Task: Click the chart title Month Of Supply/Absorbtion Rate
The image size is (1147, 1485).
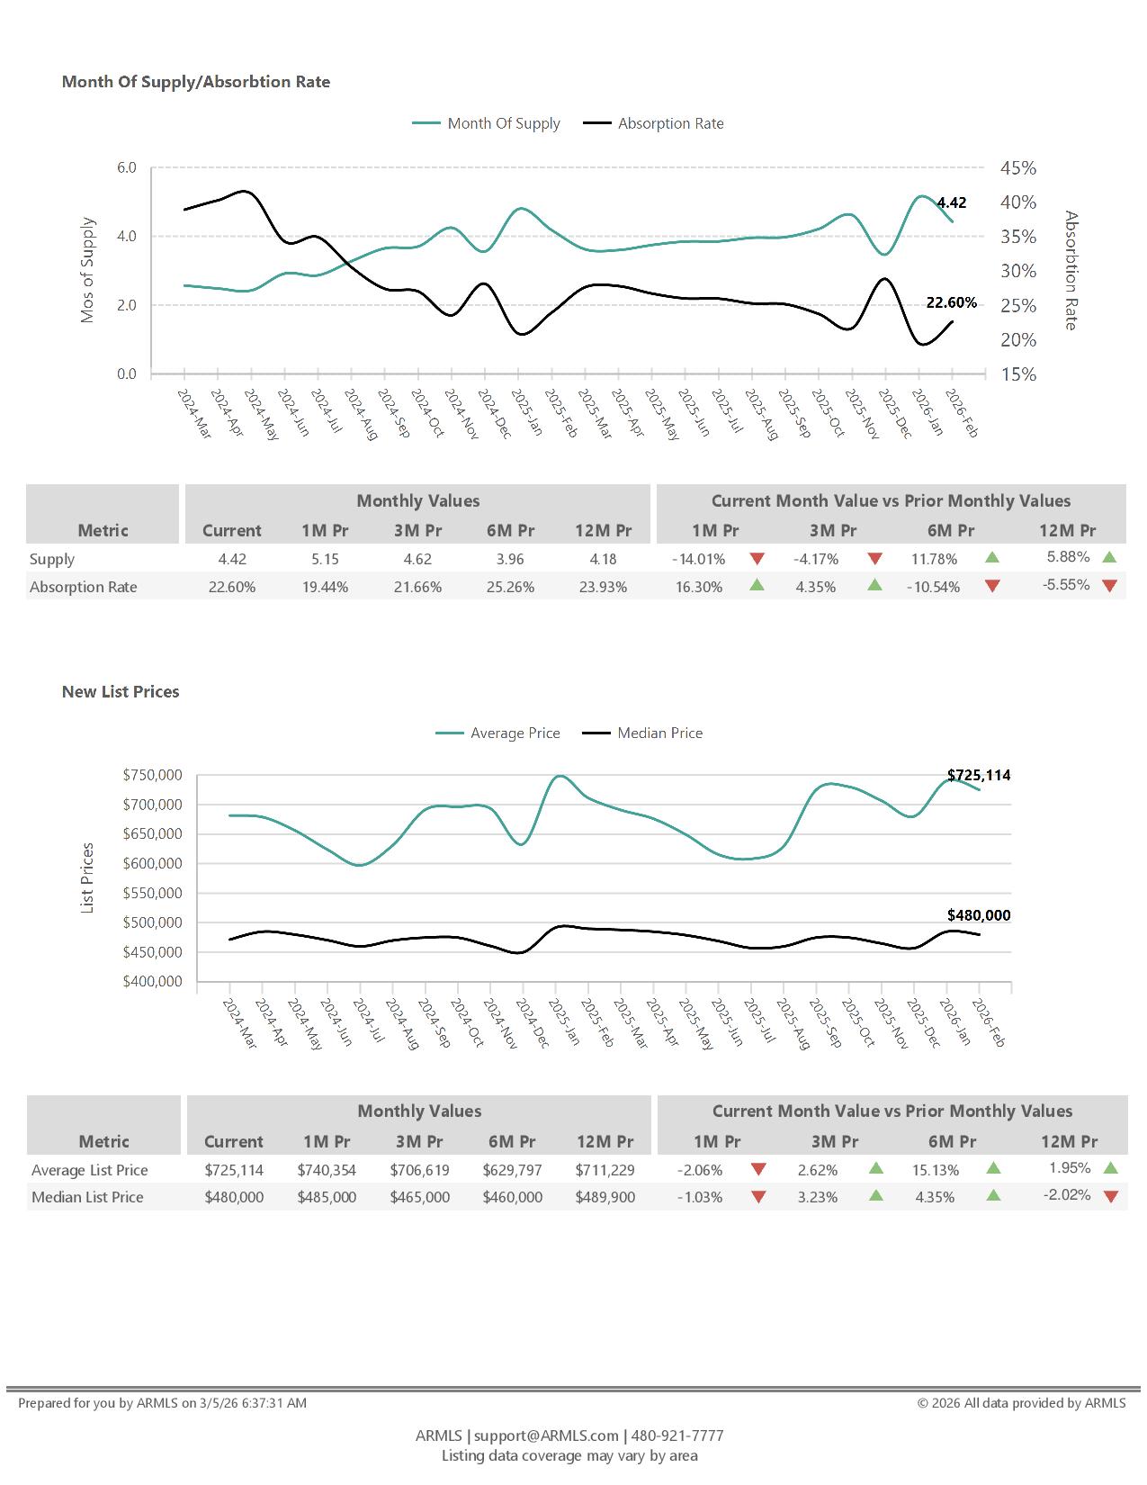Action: tap(196, 82)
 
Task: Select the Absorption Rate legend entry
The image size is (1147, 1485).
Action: tap(670, 123)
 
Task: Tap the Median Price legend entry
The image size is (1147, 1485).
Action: tap(659, 733)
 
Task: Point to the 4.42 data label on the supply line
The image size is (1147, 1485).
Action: tap(951, 203)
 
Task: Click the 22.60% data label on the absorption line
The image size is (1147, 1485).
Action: tap(951, 303)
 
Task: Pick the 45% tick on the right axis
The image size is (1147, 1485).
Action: tap(1018, 168)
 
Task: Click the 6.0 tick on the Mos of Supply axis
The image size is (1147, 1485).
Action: tap(126, 168)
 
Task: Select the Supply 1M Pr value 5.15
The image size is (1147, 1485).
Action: tap(325, 559)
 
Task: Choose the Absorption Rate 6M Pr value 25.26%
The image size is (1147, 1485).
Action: tap(510, 587)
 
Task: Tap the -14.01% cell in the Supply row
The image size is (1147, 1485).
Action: tap(698, 559)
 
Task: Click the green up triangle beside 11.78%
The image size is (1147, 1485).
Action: tap(992, 558)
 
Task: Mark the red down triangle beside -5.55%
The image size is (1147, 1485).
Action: tap(1109, 586)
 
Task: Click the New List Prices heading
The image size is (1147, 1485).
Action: tap(121, 692)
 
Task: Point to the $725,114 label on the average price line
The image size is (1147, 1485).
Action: tap(979, 775)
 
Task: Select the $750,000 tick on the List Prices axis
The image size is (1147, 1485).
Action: tap(152, 775)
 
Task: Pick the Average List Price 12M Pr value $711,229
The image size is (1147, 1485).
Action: tap(605, 1170)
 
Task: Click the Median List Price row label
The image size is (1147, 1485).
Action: tap(87, 1197)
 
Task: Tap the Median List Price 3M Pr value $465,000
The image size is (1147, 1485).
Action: tap(419, 1197)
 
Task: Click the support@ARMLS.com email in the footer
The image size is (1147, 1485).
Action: tap(546, 1435)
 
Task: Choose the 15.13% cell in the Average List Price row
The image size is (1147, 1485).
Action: tap(935, 1170)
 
